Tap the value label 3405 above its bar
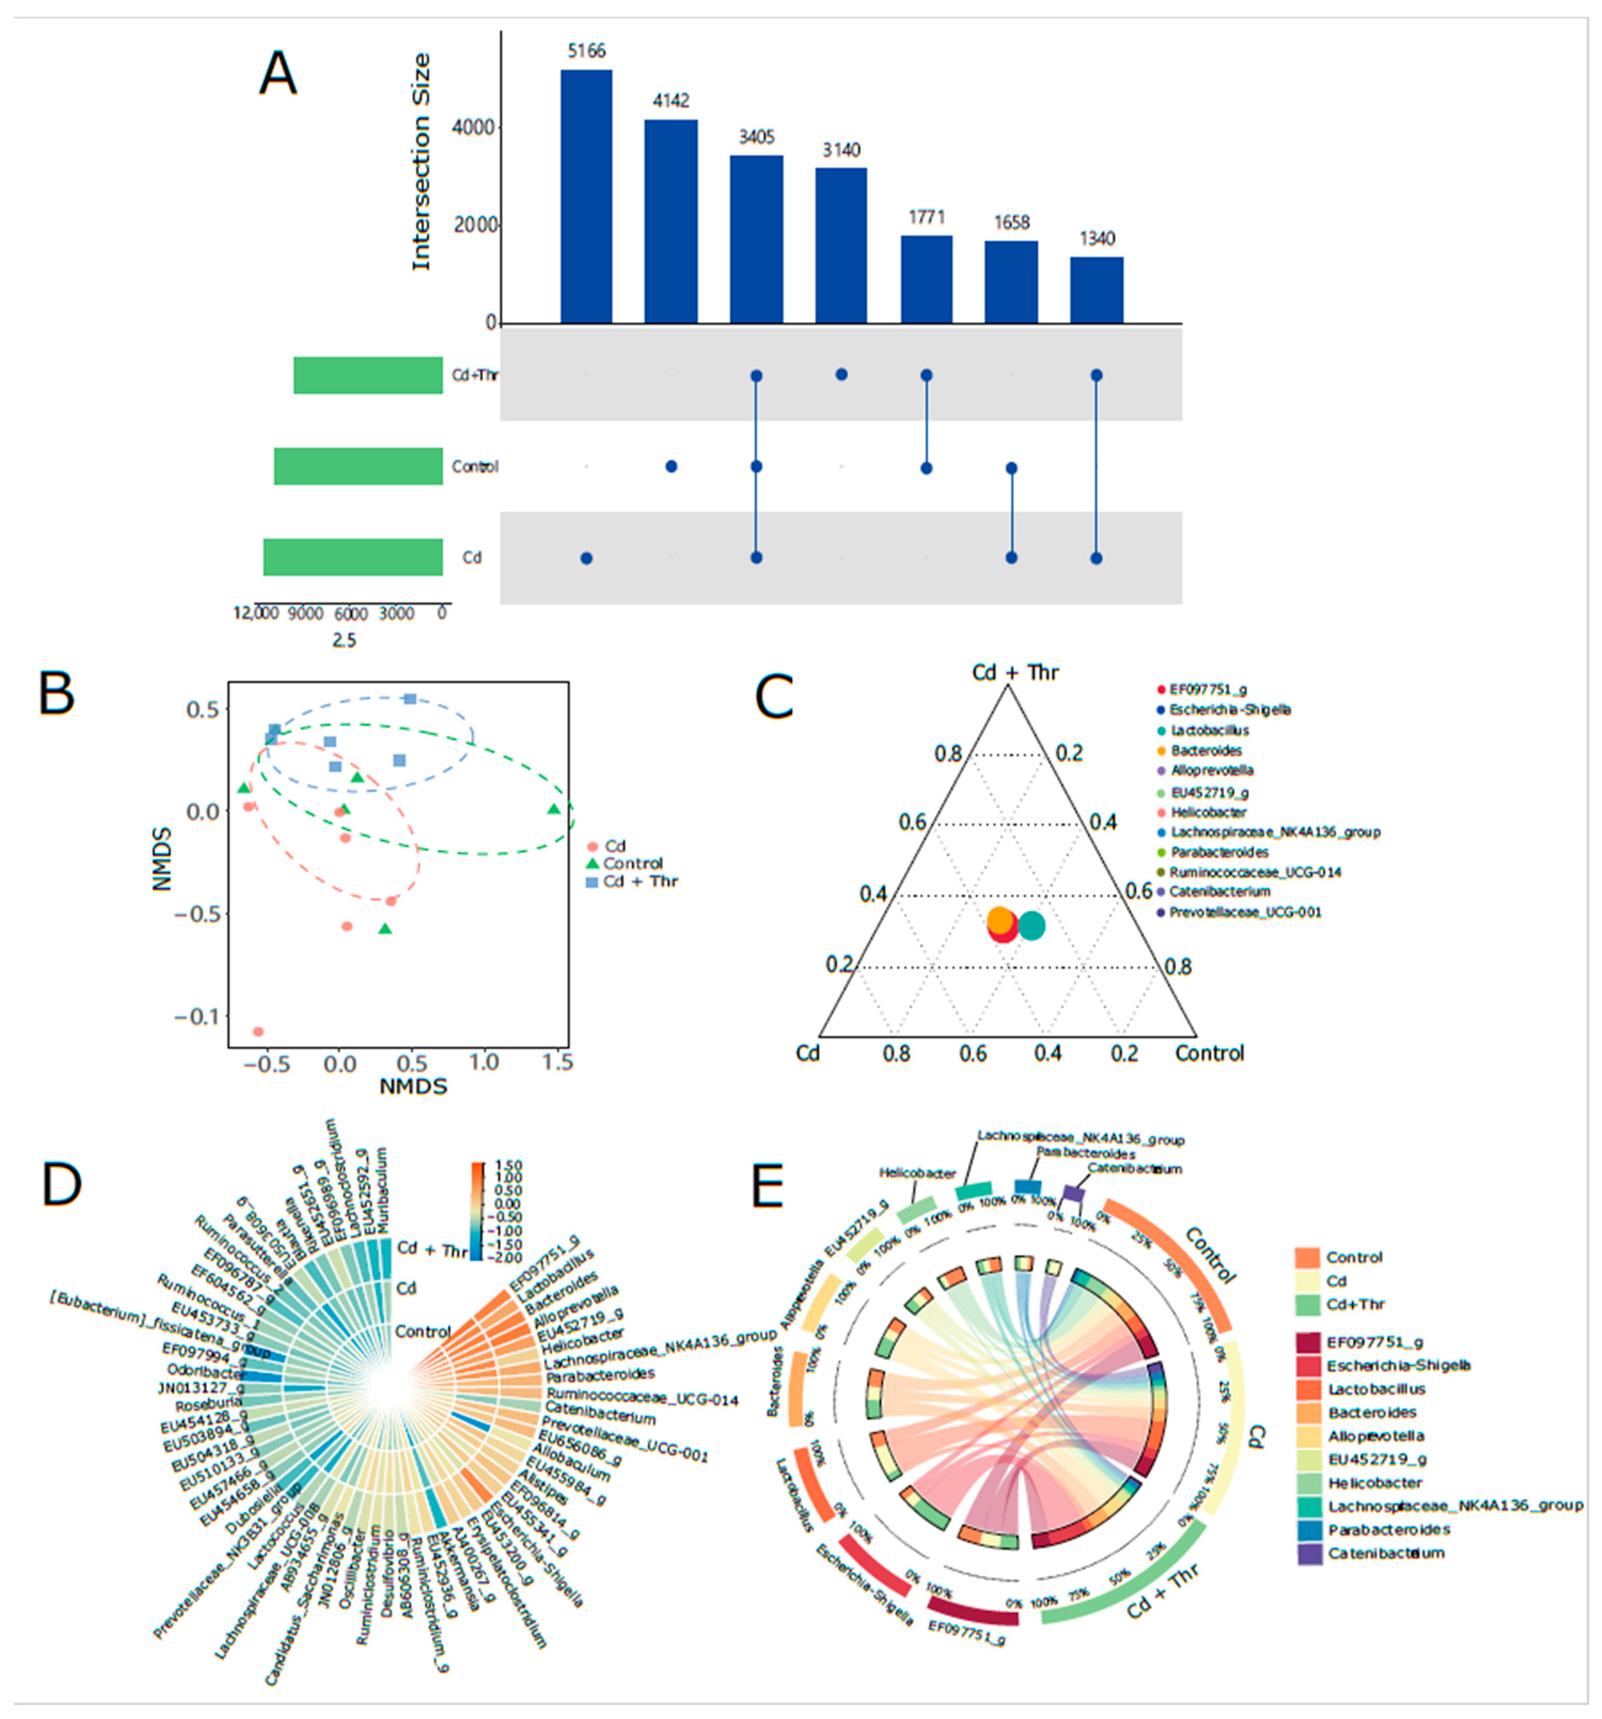click(756, 137)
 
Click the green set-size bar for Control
click(358, 466)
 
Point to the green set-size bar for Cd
click(353, 557)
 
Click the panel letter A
click(278, 74)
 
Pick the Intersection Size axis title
click(421, 162)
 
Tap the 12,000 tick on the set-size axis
click(256, 613)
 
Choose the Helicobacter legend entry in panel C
click(1208, 812)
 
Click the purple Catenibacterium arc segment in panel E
click(1073, 1193)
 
